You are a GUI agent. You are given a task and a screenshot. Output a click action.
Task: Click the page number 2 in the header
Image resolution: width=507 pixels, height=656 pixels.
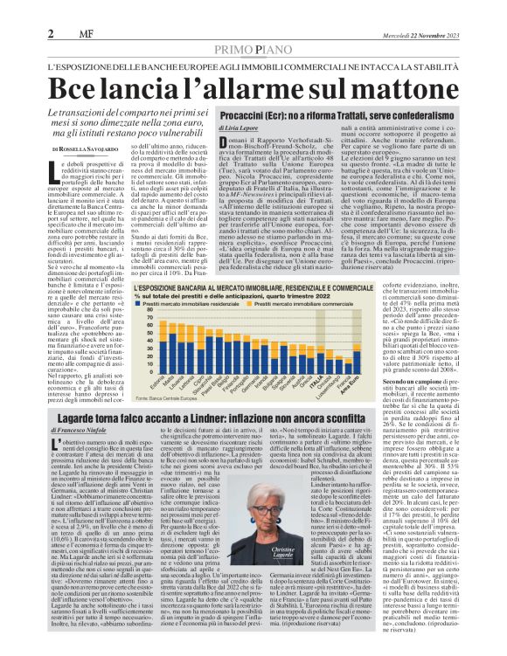point(51,33)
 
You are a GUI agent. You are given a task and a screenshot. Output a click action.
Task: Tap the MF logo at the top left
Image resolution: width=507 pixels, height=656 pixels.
point(74,34)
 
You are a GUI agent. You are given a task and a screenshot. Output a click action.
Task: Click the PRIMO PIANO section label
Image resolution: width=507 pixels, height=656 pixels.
point(253,51)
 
